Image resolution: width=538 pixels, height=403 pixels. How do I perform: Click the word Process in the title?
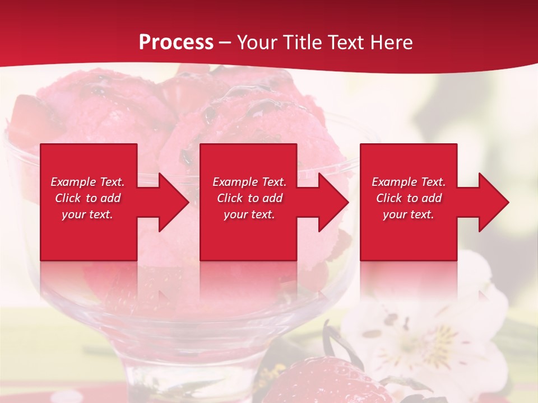(x=176, y=43)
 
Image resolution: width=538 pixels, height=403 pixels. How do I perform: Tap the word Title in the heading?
(x=303, y=43)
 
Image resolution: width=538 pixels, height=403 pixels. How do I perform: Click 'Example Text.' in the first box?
(x=87, y=182)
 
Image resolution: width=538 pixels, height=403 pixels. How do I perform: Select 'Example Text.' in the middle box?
(x=249, y=182)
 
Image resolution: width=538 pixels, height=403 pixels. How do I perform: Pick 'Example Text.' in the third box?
(x=409, y=182)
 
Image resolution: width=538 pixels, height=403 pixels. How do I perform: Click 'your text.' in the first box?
(x=87, y=214)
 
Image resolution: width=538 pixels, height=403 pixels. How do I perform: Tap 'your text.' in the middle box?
(x=249, y=214)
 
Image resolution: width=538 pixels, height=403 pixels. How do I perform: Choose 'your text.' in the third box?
(x=409, y=214)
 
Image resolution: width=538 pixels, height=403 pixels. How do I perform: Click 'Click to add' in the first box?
(x=87, y=198)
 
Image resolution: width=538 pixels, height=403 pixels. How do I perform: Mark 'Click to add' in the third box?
(x=409, y=198)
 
